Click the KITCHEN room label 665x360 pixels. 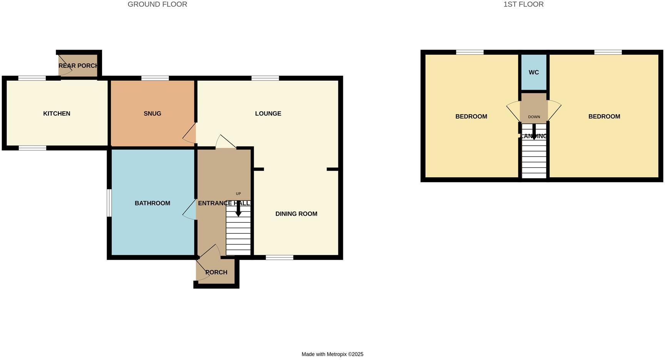coord(57,113)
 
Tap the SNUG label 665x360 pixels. coord(152,113)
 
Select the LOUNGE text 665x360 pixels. coord(268,113)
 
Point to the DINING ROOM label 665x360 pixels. coord(296,214)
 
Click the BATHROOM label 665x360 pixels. coord(152,203)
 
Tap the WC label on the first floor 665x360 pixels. coord(534,72)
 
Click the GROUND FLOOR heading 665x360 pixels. coord(157,4)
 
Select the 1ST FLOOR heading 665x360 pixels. coord(523,4)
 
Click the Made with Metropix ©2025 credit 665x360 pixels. coord(332,354)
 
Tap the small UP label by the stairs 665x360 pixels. coord(238,193)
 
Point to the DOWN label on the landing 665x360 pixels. coord(534,117)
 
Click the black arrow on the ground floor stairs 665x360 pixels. coord(238,209)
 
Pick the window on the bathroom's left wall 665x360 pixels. coord(109,203)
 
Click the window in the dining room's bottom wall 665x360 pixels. coord(279,257)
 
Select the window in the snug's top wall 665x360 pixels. coord(155,78)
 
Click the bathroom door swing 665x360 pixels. coord(190,210)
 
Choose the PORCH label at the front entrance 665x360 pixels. coord(216,272)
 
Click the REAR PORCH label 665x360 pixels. coord(79,66)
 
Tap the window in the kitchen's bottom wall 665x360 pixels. coord(32,148)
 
